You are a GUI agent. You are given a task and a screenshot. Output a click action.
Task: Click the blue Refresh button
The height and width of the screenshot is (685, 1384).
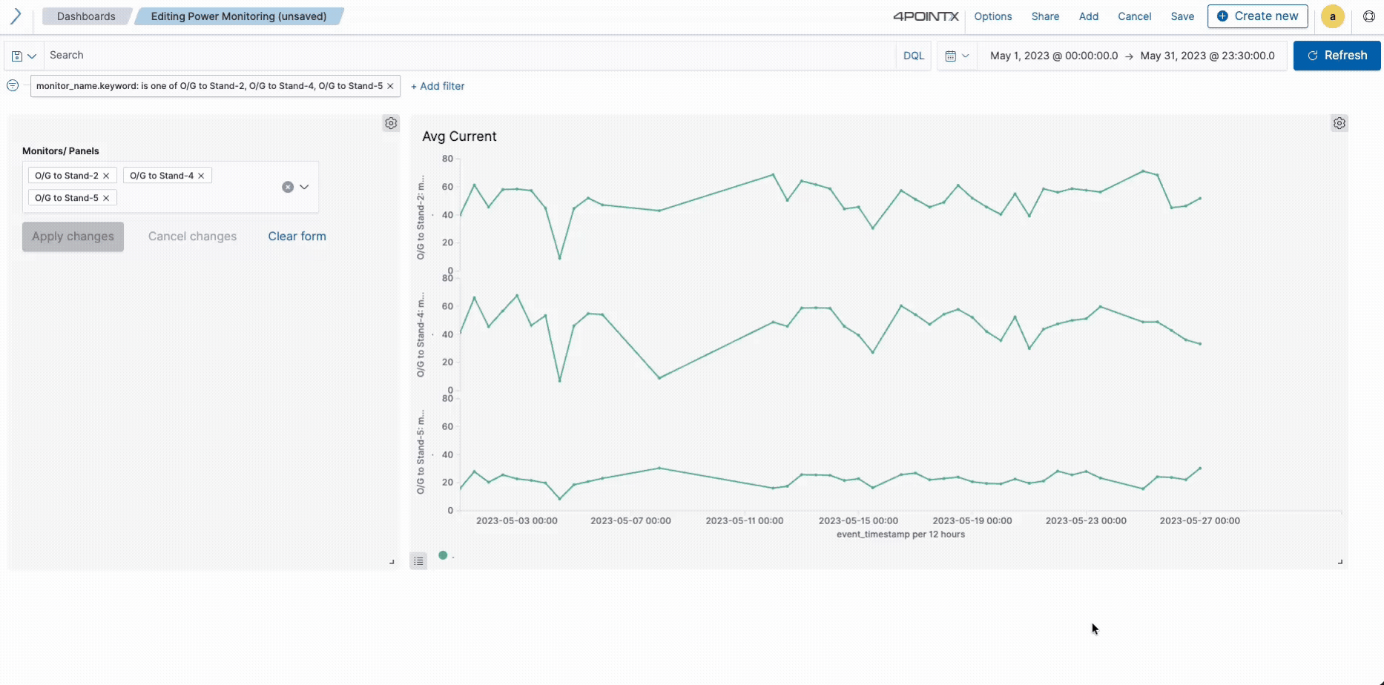[1337, 56]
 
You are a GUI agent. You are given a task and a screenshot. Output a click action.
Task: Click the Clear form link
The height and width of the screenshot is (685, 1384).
[297, 236]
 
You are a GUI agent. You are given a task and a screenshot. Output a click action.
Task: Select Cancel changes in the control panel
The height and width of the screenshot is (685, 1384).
[192, 236]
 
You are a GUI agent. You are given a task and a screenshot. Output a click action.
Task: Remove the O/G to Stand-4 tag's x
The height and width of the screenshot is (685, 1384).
[201, 176]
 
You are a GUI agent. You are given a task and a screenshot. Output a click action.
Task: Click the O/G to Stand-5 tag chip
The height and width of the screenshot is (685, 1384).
[67, 198]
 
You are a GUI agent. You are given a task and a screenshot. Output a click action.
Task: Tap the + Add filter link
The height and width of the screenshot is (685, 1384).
[438, 86]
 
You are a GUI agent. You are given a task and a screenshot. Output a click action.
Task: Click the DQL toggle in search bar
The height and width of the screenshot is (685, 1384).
[914, 56]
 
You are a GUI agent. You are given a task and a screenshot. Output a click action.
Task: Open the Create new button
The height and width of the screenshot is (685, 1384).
[1257, 16]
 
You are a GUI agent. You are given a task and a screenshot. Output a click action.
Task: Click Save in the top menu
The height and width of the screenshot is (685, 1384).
[1182, 16]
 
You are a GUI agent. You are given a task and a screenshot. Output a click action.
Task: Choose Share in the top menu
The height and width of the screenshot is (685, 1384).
[1045, 16]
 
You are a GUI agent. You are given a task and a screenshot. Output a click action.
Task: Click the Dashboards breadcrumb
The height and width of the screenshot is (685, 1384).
[86, 16]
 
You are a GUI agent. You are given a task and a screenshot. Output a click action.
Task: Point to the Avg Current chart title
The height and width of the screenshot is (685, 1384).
[459, 136]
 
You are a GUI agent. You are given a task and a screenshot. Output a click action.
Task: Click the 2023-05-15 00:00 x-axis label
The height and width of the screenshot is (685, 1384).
[858, 521]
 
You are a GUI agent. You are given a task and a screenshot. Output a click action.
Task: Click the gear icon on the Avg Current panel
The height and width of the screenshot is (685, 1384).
[1339, 124]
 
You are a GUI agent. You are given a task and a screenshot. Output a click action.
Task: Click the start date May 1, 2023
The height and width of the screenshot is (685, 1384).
[1053, 56]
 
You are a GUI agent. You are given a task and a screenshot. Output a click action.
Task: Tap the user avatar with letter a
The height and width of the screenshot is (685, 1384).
[1332, 16]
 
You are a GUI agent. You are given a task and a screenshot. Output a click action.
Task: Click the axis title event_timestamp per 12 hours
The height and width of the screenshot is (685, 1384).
[900, 535]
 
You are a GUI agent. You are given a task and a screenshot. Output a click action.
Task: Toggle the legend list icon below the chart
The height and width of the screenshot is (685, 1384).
[418, 561]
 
